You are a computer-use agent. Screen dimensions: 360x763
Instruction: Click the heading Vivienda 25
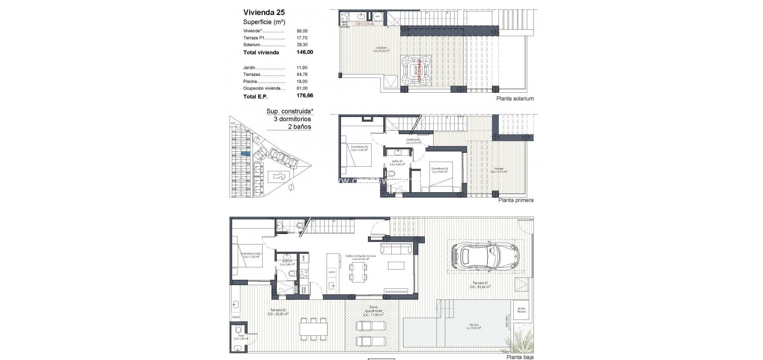click(x=264, y=13)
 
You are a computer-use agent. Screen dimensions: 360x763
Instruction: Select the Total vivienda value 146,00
click(x=305, y=53)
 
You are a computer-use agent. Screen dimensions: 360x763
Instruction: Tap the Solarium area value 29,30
click(x=302, y=45)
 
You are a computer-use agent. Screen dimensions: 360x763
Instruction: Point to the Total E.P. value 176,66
click(x=305, y=96)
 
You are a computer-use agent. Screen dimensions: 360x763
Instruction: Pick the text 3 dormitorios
click(x=292, y=119)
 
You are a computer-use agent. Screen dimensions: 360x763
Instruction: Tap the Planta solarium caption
click(x=515, y=99)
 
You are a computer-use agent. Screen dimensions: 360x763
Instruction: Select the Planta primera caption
click(x=516, y=200)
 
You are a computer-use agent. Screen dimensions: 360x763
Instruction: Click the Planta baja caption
click(x=520, y=357)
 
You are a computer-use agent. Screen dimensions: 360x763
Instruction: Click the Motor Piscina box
click(x=521, y=310)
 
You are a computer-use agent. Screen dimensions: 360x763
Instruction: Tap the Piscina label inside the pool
click(x=473, y=326)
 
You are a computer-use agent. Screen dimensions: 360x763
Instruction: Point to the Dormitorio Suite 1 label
click(x=252, y=254)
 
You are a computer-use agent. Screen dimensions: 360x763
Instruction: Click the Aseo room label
click(x=241, y=336)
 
